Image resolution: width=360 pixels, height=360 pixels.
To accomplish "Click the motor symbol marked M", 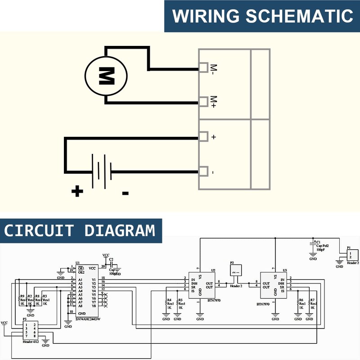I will (x=106, y=76).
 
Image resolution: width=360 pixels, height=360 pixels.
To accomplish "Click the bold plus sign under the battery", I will (x=77, y=192).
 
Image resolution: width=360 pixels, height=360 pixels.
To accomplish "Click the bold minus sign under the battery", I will (x=126, y=193).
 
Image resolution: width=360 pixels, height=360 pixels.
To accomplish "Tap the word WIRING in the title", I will (x=205, y=16).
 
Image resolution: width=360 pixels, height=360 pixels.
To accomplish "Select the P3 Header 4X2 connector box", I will (x=30, y=331).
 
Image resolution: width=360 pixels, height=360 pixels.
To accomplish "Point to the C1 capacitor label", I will (x=318, y=242).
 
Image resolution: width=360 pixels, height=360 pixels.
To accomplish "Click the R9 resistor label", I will (x=22, y=296).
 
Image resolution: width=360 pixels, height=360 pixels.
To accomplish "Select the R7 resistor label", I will (x=312, y=300).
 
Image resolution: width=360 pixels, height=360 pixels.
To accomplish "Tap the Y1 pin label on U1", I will (x=93, y=279).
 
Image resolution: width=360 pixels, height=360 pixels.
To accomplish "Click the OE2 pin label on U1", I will (x=81, y=272).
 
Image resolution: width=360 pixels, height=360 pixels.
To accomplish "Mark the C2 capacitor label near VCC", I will (x=111, y=259).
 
